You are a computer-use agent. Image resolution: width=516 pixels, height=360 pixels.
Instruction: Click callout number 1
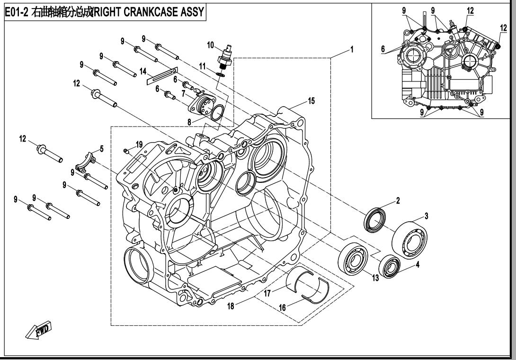tap(351, 49)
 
